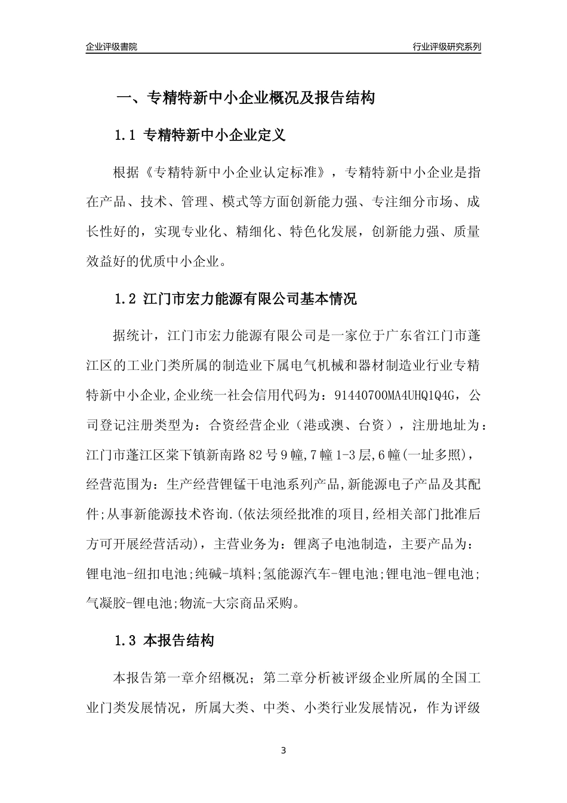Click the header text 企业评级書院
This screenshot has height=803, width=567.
pos(112,47)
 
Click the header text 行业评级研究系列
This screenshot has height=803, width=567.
pos(447,47)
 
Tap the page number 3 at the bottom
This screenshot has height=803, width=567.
pos(283,750)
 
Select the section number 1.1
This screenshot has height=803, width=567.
pos(126,136)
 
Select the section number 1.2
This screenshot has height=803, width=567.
pos(126,299)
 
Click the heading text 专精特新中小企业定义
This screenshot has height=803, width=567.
pos(215,136)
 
